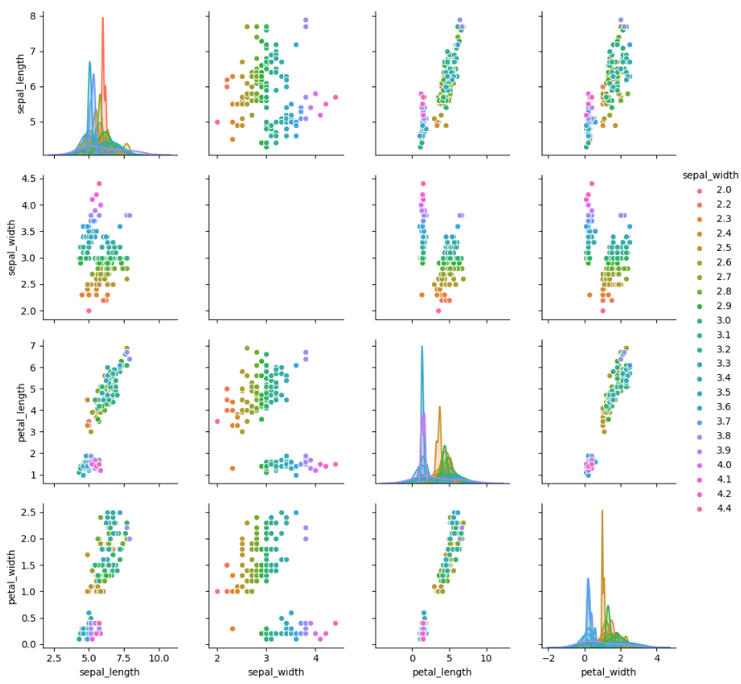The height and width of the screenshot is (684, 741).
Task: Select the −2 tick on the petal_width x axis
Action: pyautogui.click(x=547, y=657)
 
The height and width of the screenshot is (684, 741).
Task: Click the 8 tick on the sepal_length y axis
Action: pyautogui.click(x=40, y=16)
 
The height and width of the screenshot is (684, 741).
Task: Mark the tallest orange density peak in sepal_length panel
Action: pyautogui.click(x=103, y=18)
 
